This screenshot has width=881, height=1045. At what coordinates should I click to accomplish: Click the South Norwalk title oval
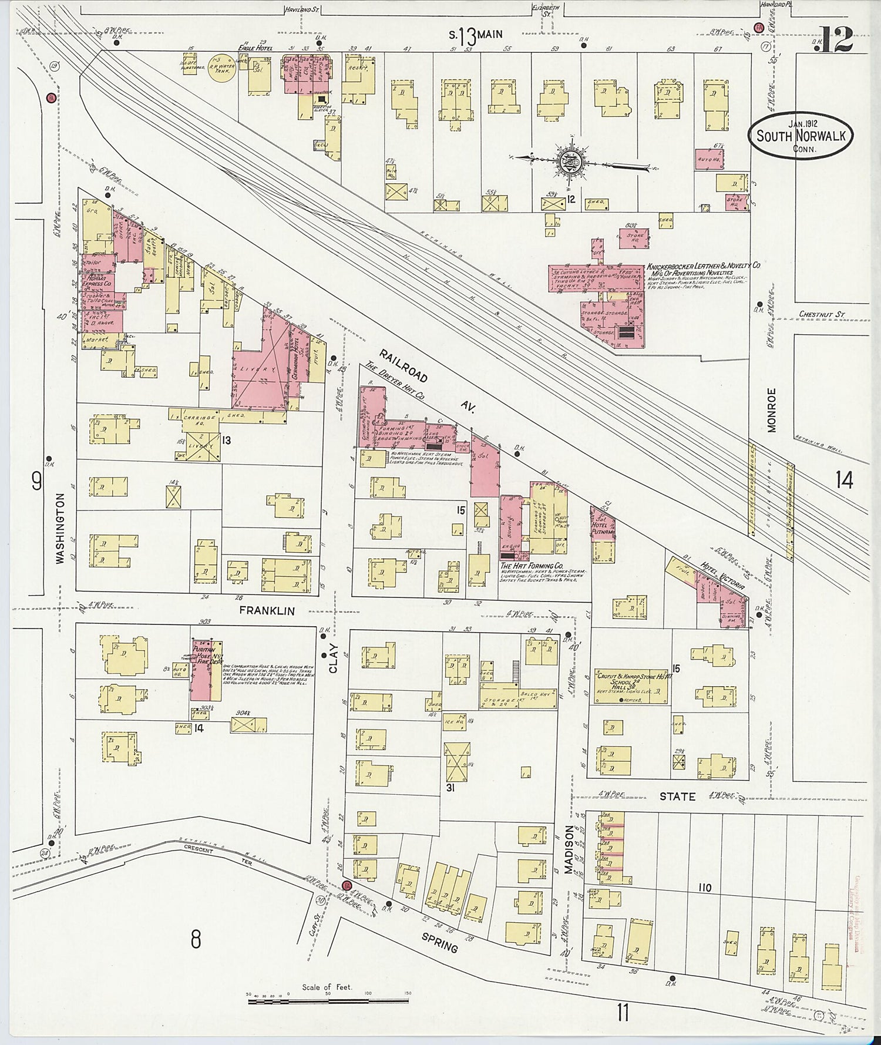[x=801, y=136]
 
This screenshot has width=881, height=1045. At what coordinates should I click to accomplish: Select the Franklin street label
[x=266, y=611]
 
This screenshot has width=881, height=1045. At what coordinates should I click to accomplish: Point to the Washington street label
[x=60, y=529]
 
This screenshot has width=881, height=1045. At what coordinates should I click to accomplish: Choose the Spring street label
[x=439, y=945]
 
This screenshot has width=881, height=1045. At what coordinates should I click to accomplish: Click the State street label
[x=677, y=797]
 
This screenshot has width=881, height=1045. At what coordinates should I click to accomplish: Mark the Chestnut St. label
[x=821, y=314]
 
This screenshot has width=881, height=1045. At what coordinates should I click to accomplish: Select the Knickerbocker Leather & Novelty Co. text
[x=704, y=266]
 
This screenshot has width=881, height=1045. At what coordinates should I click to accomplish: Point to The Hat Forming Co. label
[x=532, y=564]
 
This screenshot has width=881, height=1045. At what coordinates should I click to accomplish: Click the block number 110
[x=705, y=887]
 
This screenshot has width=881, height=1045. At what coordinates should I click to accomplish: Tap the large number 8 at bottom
[x=195, y=940]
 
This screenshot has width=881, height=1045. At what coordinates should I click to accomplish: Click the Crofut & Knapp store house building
[x=630, y=686]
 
